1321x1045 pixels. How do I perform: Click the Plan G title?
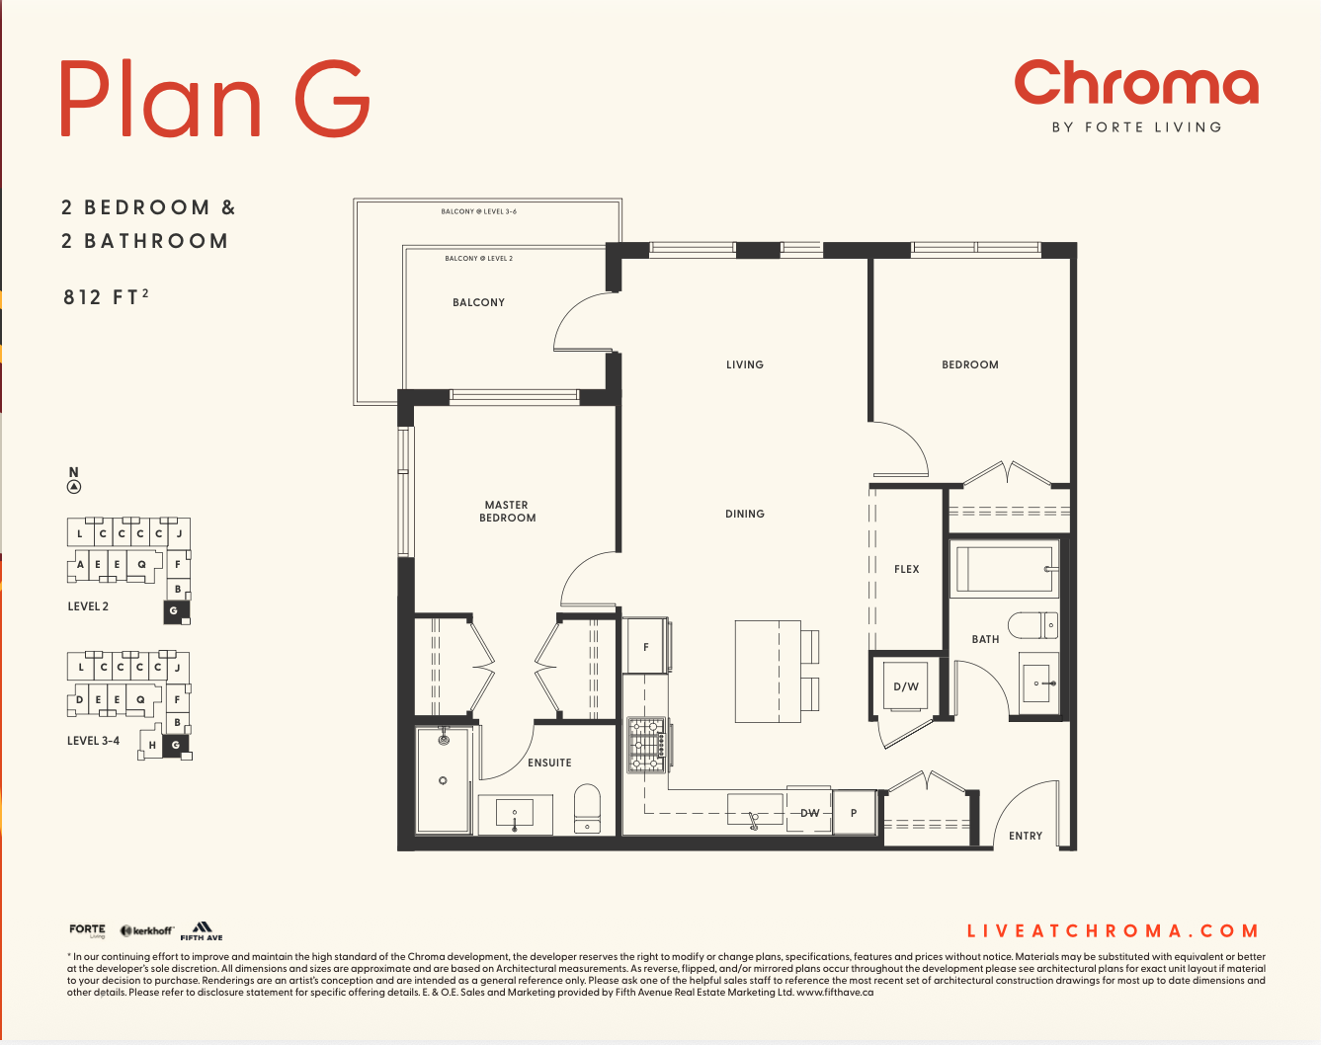[x=214, y=98]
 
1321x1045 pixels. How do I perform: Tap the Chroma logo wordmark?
[x=1136, y=83]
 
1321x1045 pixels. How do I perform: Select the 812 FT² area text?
[x=106, y=297]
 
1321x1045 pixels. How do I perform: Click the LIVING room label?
[x=745, y=364]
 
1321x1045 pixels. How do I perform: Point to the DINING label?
[x=745, y=514]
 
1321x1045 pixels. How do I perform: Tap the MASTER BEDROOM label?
[x=507, y=512]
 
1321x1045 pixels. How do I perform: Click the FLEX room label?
[x=907, y=570]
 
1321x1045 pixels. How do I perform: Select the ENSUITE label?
[x=549, y=763]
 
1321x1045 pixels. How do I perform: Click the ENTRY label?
[x=1026, y=836]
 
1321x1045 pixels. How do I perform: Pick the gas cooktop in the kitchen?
[x=646, y=745]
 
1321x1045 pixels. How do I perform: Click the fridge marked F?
[x=646, y=646]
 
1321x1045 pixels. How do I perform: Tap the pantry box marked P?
[x=854, y=813]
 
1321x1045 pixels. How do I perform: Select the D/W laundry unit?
[x=905, y=686]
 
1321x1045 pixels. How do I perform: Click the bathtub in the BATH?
[x=1004, y=569]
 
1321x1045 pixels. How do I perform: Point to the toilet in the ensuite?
[x=587, y=808]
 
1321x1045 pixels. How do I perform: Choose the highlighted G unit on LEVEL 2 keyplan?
[x=176, y=611]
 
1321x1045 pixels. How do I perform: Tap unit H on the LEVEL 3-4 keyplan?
[x=151, y=745]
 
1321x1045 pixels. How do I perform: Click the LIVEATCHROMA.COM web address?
[x=1113, y=930]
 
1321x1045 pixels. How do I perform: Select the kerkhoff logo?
[x=147, y=930]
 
